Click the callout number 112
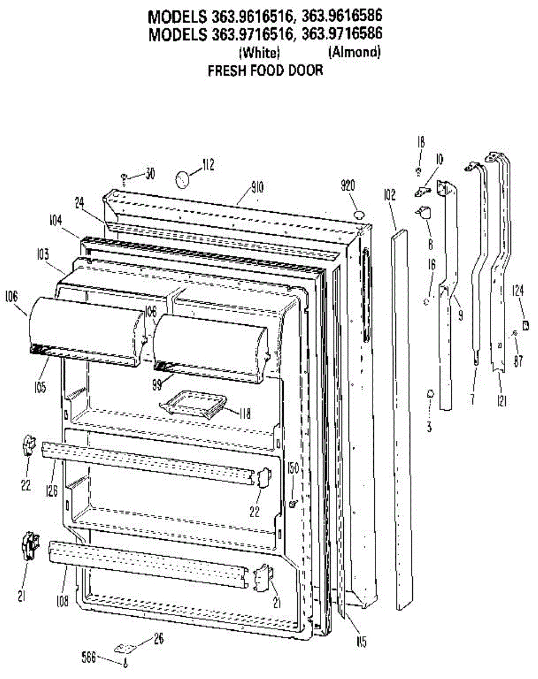point(208,165)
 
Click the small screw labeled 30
point(124,178)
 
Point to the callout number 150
point(293,467)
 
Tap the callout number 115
point(361,642)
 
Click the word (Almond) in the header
point(353,53)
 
